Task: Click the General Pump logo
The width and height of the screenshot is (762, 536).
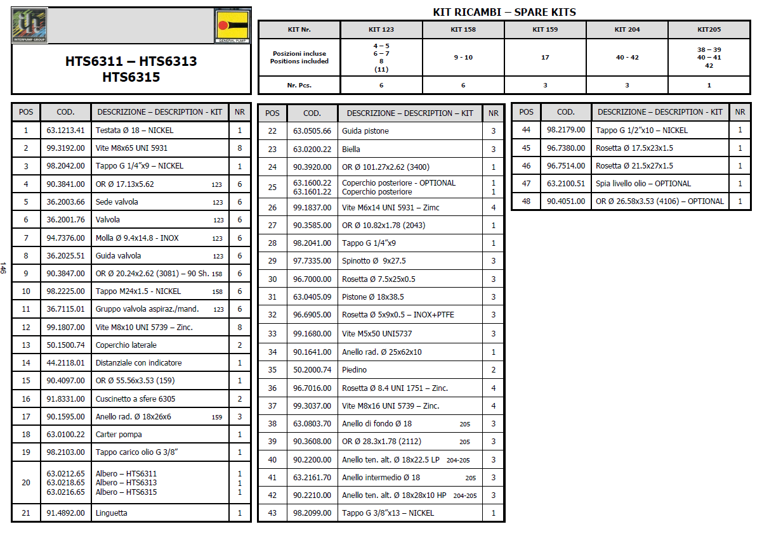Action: (232, 27)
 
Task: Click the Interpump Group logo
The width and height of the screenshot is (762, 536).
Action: (30, 25)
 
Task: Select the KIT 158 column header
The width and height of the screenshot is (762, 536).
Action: (463, 30)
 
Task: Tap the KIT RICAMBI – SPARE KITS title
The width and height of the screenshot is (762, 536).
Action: (504, 12)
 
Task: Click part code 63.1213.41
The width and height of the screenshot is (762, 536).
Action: (65, 131)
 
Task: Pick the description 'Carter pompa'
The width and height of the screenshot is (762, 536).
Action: (119, 435)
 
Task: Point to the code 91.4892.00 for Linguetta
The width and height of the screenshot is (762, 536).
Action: (65, 513)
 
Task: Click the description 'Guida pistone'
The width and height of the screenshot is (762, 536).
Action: (365, 131)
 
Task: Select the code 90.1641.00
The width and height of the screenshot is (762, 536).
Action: (312, 352)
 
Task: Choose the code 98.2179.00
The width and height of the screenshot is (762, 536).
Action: (566, 131)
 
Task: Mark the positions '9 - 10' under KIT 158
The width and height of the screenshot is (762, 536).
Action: (463, 58)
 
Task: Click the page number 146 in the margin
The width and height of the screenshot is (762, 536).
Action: (4, 268)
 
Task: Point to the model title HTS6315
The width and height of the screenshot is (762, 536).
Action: (131, 77)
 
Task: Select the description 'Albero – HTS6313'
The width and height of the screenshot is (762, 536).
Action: (126, 483)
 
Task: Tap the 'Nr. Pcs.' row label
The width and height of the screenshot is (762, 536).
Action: (299, 85)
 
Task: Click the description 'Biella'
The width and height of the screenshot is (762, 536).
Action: (351, 150)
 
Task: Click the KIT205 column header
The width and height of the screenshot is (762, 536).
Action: (709, 30)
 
